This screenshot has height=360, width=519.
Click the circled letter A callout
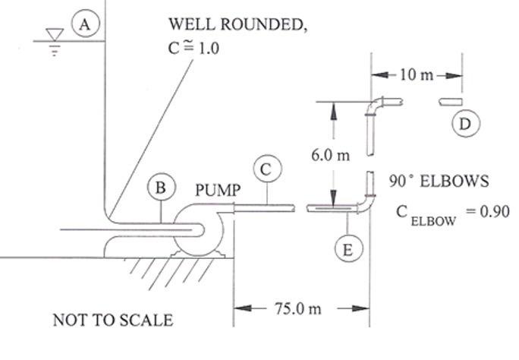point(86,24)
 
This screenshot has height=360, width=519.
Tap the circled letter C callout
point(266,170)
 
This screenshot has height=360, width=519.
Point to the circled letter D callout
point(465,122)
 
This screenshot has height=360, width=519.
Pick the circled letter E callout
point(347,248)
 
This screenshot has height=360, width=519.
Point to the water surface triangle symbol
point(52,36)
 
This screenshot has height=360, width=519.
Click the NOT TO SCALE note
point(112,321)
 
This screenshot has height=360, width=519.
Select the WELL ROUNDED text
point(237,24)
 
